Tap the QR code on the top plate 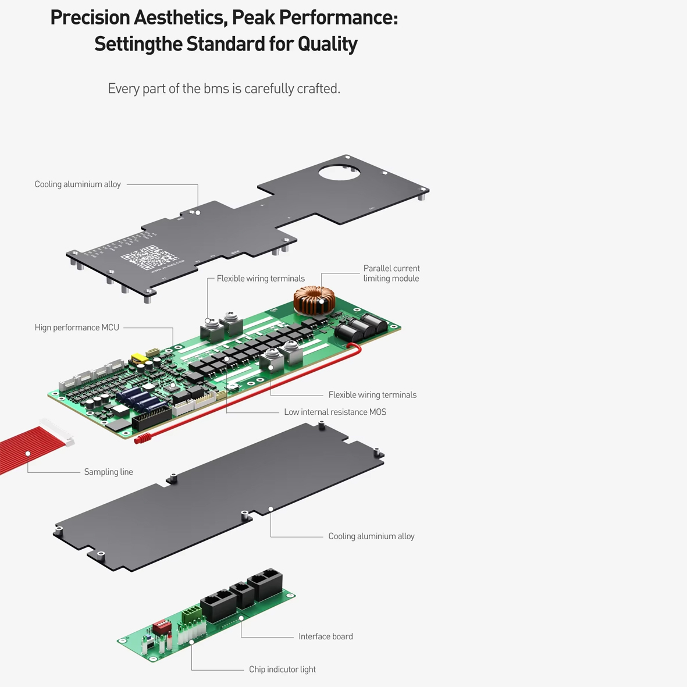148,258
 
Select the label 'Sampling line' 108,472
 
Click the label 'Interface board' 325,636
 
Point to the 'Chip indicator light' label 282,670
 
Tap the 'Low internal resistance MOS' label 334,412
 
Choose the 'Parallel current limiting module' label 391,273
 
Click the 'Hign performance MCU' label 77,328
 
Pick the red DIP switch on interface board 161,627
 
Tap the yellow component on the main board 138,358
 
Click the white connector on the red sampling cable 56,432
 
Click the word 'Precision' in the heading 90,17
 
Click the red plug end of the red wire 142,439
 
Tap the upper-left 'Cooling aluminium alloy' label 77,184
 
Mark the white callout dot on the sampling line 27,454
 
